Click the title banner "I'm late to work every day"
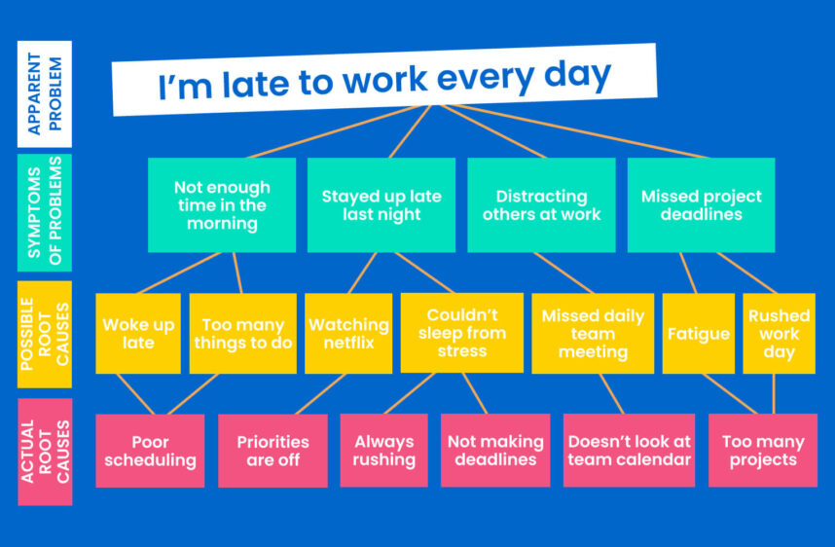[384, 80]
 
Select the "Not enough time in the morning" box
[222, 205]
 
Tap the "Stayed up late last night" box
[381, 205]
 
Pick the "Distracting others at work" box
[541, 205]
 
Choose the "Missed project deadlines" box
[702, 205]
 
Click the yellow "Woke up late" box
[138, 334]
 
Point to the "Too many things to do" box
[243, 334]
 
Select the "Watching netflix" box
[348, 334]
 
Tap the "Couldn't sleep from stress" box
[462, 333]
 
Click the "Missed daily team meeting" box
[593, 334]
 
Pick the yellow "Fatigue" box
[699, 334]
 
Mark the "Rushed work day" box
[780, 334]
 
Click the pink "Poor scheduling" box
[150, 451]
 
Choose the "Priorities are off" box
[272, 451]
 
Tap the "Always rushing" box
[384, 450]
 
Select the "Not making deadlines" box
[495, 450]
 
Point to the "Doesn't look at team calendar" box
[629, 450]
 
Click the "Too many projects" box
[763, 450]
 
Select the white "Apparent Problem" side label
[45, 94]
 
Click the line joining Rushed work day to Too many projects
[774, 394]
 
